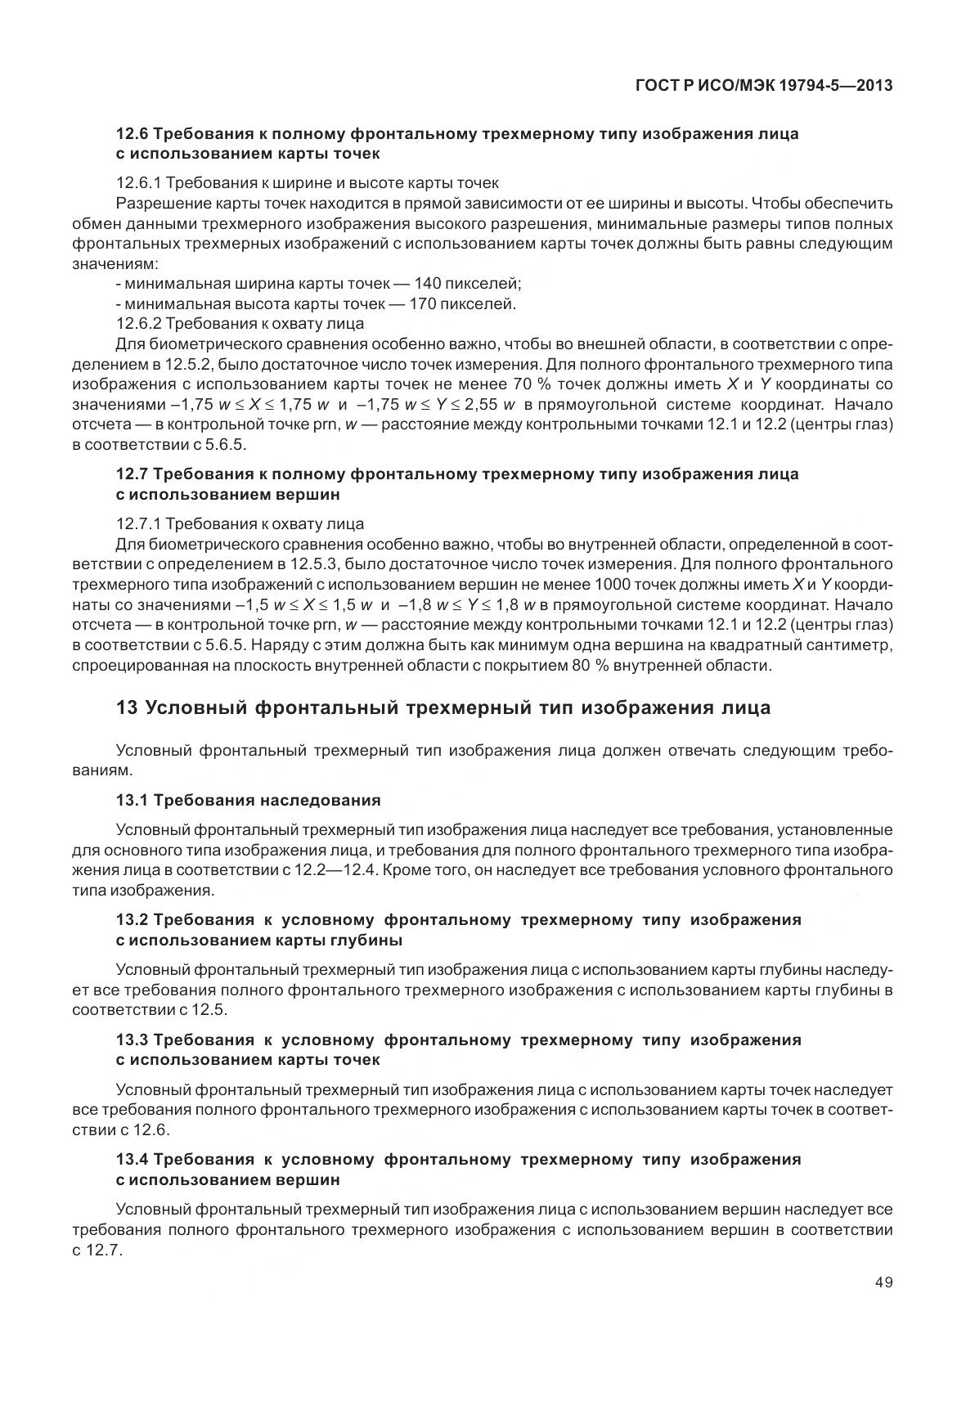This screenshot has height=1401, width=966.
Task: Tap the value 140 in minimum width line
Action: click(429, 284)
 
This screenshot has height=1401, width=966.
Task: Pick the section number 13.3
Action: click(132, 1040)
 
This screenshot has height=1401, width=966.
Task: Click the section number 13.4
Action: click(132, 1160)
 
